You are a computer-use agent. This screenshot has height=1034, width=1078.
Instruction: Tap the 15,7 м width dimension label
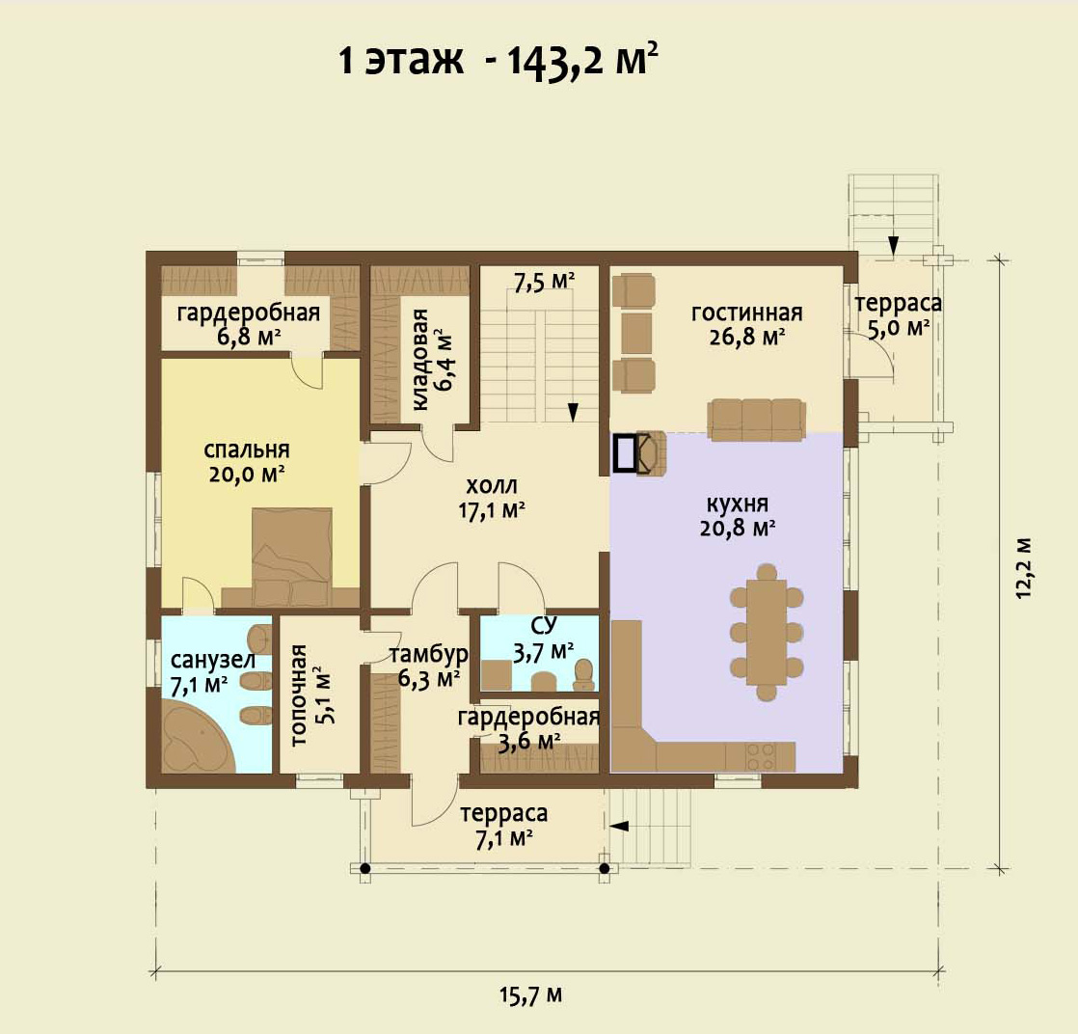click(x=530, y=994)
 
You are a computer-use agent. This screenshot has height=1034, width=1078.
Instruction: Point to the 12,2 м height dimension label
click(x=1024, y=568)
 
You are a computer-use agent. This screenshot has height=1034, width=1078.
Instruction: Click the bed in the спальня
click(x=292, y=558)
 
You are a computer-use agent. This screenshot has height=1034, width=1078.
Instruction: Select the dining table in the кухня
click(x=767, y=632)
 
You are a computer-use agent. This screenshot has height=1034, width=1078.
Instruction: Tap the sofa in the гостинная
click(x=756, y=419)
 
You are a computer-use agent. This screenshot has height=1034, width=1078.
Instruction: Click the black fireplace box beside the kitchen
click(x=625, y=453)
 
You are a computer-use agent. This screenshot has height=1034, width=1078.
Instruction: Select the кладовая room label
click(x=420, y=359)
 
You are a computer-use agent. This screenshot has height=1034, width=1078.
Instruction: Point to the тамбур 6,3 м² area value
click(x=428, y=679)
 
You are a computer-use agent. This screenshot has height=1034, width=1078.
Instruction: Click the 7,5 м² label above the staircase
click(x=545, y=282)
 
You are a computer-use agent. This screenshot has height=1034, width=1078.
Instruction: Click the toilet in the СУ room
click(x=583, y=674)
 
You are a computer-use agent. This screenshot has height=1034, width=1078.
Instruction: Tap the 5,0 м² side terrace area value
click(x=898, y=328)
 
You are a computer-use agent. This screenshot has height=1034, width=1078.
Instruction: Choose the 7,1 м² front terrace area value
click(x=504, y=838)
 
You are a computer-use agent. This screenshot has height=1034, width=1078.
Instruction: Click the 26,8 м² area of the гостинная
click(x=746, y=337)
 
